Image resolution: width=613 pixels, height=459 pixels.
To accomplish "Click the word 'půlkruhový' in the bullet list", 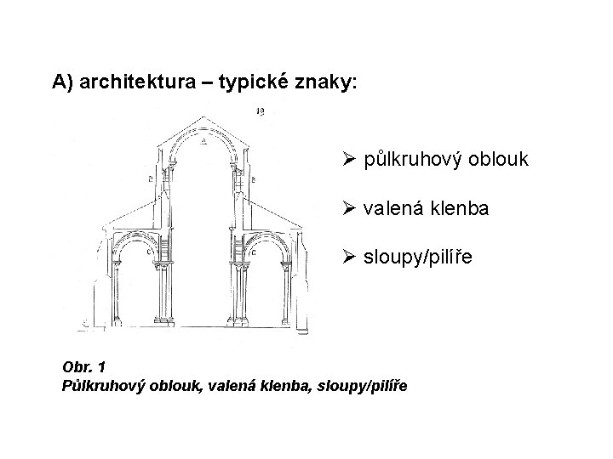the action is click(412, 159).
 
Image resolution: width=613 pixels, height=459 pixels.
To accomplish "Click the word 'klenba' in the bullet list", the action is click(462, 207).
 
